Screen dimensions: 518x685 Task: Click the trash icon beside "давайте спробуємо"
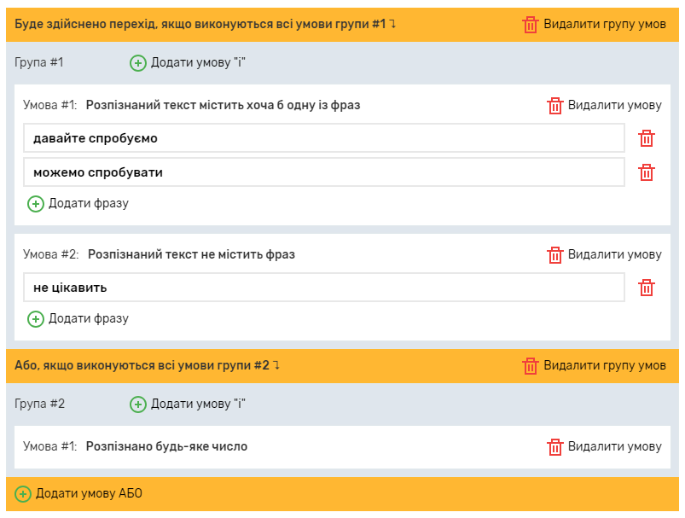pos(647,138)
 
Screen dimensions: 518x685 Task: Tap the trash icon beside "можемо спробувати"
pos(647,172)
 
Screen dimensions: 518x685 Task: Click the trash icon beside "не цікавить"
pos(647,288)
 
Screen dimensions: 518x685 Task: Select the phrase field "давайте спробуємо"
pos(324,138)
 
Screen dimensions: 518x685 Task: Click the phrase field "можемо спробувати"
pos(324,172)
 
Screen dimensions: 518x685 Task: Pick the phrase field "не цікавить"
pos(324,288)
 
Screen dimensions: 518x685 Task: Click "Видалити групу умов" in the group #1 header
pos(595,24)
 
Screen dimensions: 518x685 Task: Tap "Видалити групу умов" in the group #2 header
pos(595,365)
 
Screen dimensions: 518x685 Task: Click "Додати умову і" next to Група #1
pos(189,62)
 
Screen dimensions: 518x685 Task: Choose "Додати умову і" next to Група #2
pos(189,404)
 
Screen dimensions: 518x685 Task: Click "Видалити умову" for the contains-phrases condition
pos(605,105)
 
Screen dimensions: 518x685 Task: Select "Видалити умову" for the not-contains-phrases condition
pos(605,254)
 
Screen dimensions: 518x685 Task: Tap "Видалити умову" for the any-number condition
pos(605,446)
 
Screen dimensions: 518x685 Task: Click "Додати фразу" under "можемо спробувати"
pos(78,203)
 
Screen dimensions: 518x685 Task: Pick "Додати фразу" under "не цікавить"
pos(78,318)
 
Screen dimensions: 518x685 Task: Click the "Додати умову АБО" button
pos(79,493)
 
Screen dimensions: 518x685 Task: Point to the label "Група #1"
pos(39,62)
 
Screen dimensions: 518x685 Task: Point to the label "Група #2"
pos(40,404)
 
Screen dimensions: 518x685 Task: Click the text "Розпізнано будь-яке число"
pos(166,446)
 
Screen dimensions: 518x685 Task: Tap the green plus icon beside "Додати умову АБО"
pos(23,493)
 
